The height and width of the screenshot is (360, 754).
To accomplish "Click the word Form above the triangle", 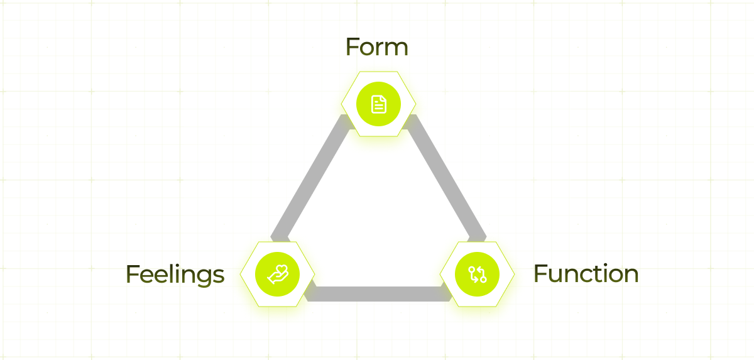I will (x=376, y=48).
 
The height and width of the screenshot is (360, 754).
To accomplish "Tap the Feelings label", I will (x=175, y=275).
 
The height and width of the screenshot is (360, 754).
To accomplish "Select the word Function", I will (x=586, y=274).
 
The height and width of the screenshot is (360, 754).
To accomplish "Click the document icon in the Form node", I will (x=378, y=104).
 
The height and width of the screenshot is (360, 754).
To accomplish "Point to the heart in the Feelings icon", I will (x=281, y=271).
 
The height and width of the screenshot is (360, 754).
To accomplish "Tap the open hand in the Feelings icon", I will (x=274, y=277).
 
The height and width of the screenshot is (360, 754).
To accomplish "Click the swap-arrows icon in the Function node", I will (x=478, y=274).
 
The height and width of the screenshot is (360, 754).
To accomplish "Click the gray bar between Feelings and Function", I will (x=377, y=293).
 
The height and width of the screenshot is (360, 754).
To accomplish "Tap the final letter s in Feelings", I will (x=219, y=276).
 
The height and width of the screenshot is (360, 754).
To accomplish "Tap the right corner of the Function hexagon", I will (x=515, y=274).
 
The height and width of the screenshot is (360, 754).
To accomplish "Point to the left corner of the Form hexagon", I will (x=341, y=104).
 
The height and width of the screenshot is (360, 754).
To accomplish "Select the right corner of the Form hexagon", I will (x=415, y=104).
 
